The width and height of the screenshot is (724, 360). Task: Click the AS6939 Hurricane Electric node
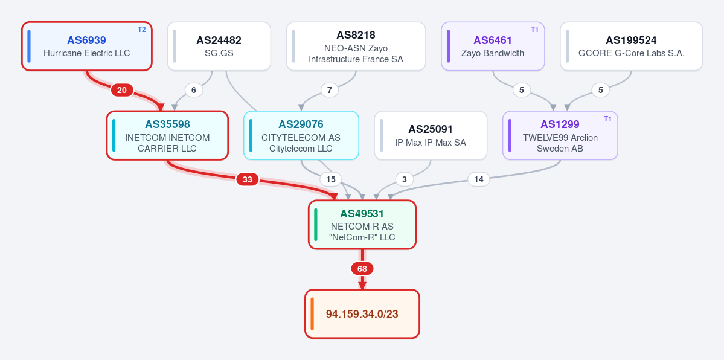(87, 47)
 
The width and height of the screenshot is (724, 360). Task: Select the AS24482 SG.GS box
(219, 47)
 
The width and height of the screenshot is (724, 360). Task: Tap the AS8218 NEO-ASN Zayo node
(356, 47)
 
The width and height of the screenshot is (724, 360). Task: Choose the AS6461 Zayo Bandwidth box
(493, 47)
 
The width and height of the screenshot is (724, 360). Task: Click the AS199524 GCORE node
(631, 47)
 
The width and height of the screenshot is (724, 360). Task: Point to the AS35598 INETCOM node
(167, 135)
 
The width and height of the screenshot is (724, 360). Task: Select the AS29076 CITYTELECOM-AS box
(301, 135)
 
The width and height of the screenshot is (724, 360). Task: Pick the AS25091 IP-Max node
(431, 135)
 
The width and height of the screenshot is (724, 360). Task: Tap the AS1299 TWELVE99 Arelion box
(560, 135)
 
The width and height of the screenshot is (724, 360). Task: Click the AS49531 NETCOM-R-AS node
(362, 225)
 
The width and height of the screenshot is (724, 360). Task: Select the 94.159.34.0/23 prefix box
(362, 313)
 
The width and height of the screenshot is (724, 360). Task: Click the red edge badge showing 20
(122, 90)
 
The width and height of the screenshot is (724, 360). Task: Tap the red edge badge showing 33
(248, 179)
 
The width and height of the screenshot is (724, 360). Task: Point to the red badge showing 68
(362, 269)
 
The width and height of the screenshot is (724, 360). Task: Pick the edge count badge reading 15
(331, 179)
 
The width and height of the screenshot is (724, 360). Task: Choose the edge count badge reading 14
(479, 179)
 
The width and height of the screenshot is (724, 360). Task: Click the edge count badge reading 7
(329, 90)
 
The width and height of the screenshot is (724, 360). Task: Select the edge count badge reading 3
(405, 179)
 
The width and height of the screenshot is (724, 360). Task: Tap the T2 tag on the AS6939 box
(142, 30)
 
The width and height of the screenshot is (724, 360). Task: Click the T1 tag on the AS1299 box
(607, 119)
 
